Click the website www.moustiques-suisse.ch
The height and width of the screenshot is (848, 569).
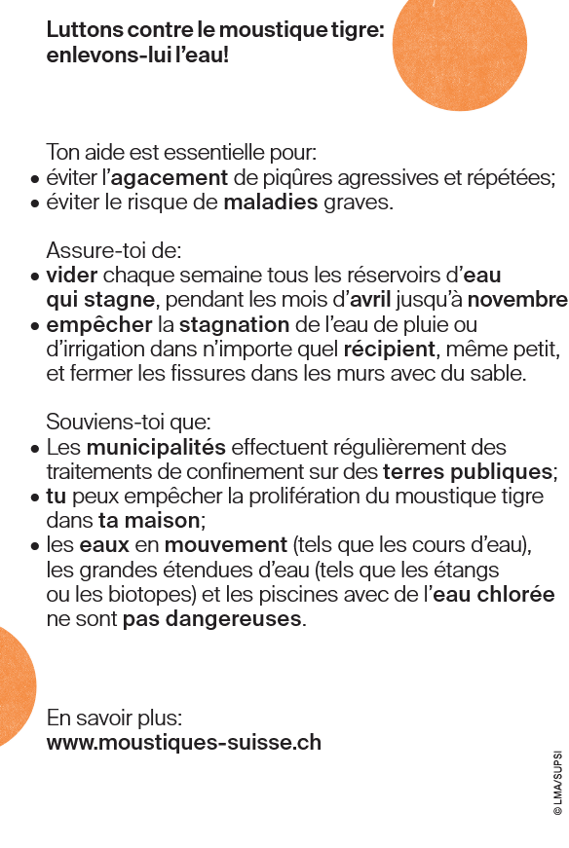coord(183,743)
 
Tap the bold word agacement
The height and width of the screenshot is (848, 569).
coord(170,178)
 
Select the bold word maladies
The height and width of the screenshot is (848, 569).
coord(271,203)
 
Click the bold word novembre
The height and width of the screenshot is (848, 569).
coord(523,299)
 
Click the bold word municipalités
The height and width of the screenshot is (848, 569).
coord(156,448)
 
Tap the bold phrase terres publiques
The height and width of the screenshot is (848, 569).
coord(468,472)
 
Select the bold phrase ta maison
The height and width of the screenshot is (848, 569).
coord(150,521)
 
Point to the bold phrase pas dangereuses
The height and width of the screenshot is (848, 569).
coord(213,618)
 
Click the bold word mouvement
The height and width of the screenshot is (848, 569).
coord(226,545)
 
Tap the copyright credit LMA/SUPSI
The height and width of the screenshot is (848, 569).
coord(557,783)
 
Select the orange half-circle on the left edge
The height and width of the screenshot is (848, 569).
coord(14,686)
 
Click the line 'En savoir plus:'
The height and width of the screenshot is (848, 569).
coord(115,719)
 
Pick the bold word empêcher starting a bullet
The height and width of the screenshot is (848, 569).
coord(99,324)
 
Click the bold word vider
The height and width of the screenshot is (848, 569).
coord(72,276)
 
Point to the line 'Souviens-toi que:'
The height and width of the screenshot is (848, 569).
coord(129,424)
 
